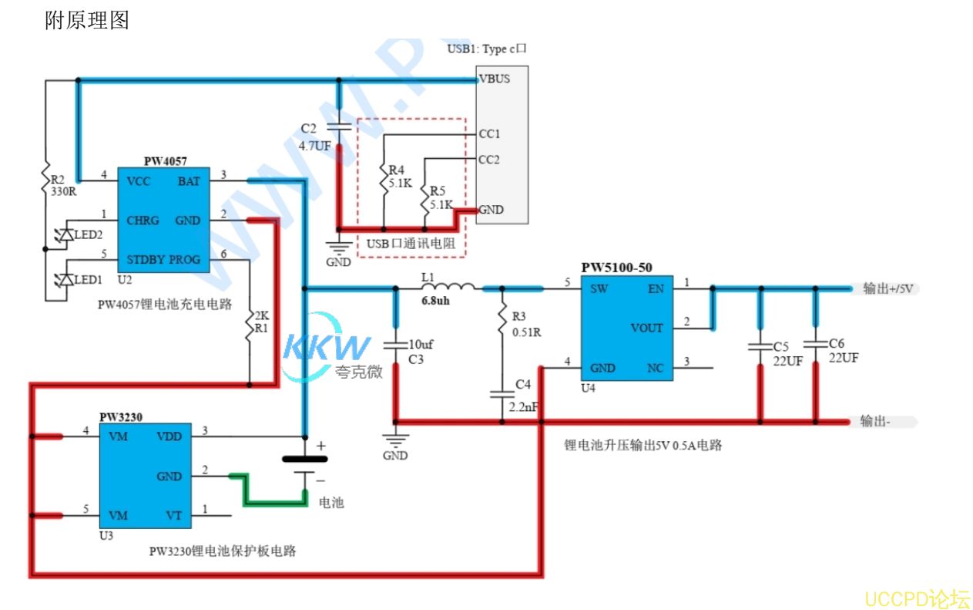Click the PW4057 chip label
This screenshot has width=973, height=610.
(165, 161)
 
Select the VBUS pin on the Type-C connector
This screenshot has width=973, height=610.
(494, 79)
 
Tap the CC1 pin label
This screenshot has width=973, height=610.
(489, 134)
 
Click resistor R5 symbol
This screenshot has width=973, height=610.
(424, 197)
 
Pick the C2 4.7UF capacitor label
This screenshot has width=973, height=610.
(315, 137)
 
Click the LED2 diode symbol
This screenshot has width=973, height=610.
(66, 234)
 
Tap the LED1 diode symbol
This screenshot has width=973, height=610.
(66, 279)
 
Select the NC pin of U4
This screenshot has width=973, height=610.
(655, 368)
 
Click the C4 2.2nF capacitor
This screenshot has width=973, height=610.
(502, 395)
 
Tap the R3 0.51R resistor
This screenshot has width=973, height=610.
(502, 315)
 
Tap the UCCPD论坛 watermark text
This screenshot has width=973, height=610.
(917, 598)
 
